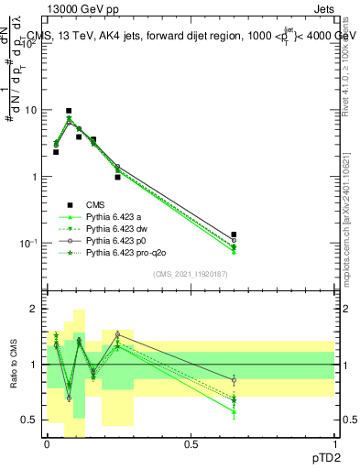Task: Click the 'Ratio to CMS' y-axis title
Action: pos(13,366)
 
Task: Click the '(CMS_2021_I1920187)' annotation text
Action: pos(190,274)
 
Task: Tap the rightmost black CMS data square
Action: pos(234,235)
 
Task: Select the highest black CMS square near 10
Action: pos(69,111)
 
